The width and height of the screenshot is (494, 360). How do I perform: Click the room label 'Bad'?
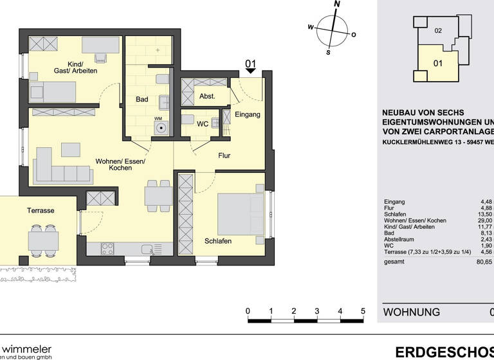pos(142,100)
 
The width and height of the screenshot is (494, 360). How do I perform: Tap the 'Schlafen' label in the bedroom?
pos(218,240)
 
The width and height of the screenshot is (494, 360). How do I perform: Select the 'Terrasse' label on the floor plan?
pos(40,210)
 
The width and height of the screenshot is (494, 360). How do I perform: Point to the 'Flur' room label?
pos(224,156)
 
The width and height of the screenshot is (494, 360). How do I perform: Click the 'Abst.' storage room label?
pos(207,96)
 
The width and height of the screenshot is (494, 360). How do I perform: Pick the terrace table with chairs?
pos(43,240)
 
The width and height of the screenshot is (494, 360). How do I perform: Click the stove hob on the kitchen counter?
pos(107,248)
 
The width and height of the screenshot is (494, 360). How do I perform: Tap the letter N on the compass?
pos(336,4)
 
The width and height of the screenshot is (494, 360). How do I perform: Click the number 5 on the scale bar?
pos(363,312)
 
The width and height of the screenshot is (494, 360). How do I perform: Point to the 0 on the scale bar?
pos(248,312)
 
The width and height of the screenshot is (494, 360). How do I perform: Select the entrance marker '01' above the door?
pos(251,64)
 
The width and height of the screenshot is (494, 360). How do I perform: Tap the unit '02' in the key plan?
pos(438,30)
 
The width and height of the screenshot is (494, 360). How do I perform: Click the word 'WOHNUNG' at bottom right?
pos(412,312)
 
